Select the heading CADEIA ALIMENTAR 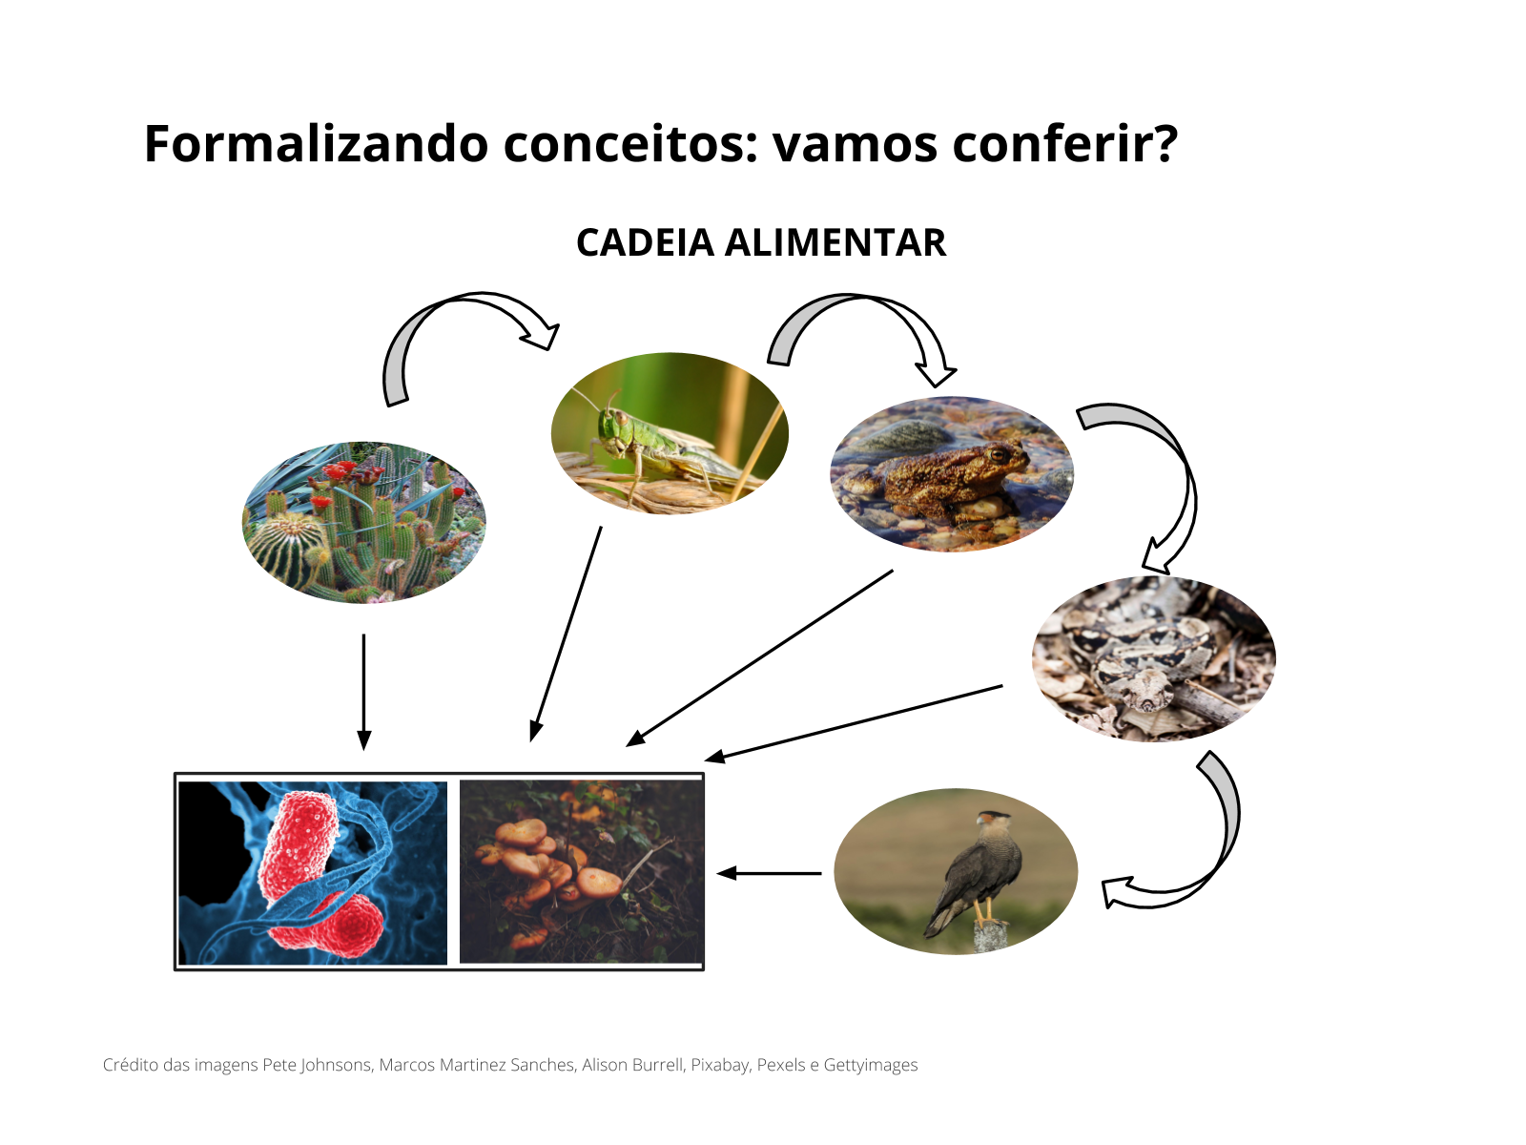[x=760, y=242]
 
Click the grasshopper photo [x=670, y=433]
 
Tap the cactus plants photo [x=363, y=522]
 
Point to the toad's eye [x=999, y=455]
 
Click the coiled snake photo [x=1153, y=658]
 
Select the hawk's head [x=992, y=820]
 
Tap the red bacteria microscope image [x=313, y=872]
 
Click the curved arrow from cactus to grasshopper [x=448, y=324]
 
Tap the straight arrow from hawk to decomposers [x=769, y=872]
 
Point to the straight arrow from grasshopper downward [x=567, y=634]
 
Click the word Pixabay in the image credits [x=719, y=1065]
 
